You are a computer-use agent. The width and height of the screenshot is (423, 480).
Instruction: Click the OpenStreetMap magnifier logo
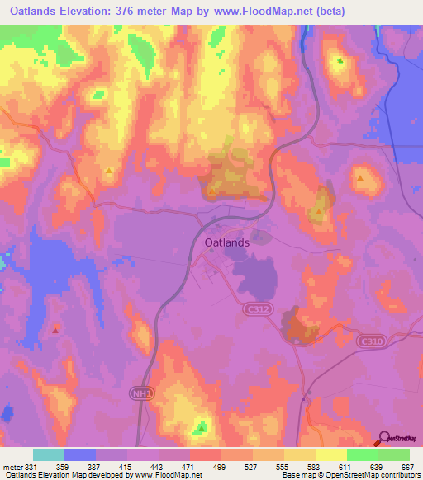[x=384, y=438]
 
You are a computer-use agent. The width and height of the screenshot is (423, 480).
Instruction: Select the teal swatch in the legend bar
[x=49, y=454]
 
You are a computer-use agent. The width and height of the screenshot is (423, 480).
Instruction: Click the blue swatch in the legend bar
[x=80, y=454]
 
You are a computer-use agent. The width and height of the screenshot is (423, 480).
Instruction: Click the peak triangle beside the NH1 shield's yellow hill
[x=202, y=427]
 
